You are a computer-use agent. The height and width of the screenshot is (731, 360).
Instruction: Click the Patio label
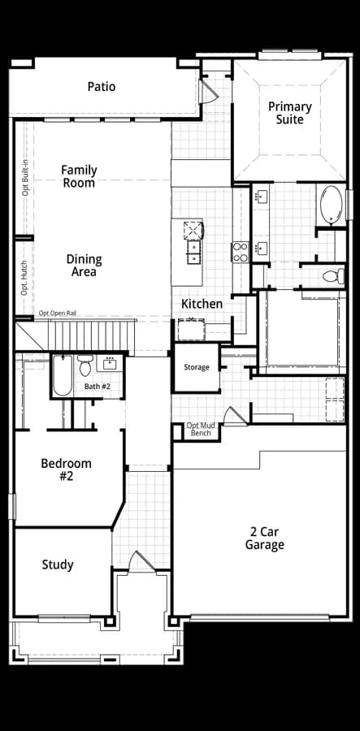tap(102, 87)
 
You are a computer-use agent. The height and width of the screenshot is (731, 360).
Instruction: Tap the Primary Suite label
tap(289, 113)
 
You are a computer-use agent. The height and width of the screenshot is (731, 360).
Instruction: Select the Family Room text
tap(79, 176)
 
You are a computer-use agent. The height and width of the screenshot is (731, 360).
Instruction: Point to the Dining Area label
tap(84, 266)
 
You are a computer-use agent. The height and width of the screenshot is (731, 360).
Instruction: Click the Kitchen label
tap(202, 304)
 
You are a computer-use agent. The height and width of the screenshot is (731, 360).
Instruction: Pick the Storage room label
tap(197, 367)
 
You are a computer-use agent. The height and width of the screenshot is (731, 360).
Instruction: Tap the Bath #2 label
tap(98, 387)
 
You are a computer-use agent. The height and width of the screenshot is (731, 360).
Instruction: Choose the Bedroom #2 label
tap(66, 470)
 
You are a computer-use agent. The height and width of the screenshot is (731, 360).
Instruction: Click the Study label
tap(58, 565)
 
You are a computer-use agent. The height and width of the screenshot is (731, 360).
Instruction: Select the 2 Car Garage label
tap(265, 538)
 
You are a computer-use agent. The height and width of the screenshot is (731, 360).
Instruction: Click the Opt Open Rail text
tap(58, 313)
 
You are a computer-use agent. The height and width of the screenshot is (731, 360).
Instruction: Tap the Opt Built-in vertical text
tap(25, 178)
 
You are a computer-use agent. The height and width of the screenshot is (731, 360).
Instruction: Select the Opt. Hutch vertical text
tap(24, 278)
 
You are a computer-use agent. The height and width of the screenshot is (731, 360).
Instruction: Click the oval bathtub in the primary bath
tap(332, 205)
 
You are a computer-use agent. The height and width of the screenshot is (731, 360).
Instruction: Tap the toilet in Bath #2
tap(85, 366)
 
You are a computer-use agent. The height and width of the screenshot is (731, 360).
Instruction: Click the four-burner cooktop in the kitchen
tap(241, 252)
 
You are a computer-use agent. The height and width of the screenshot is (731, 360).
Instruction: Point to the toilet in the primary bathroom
tap(333, 276)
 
